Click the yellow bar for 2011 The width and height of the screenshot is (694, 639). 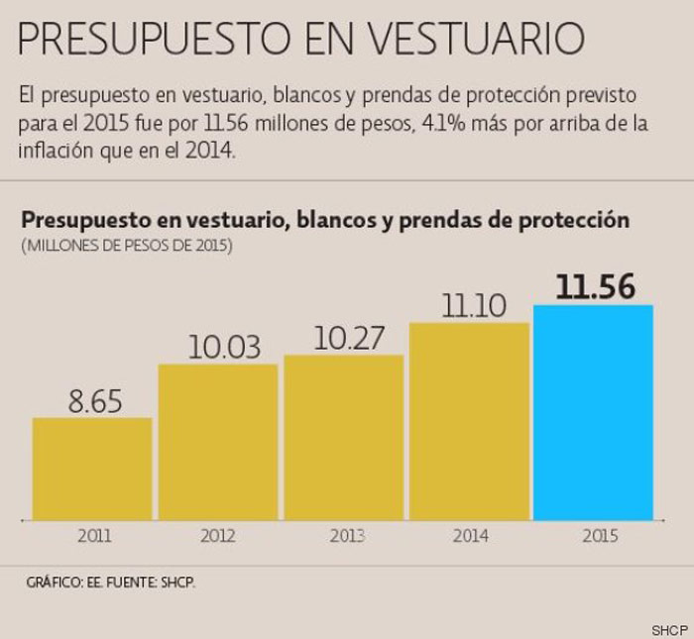coord(92,469)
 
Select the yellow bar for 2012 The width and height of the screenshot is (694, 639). coord(218,442)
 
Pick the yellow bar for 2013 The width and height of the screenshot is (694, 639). coord(344,437)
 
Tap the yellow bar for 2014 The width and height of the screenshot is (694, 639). coord(469,421)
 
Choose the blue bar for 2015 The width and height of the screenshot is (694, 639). coord(594,412)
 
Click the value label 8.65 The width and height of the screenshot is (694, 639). coord(95,401)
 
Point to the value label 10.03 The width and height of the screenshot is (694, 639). coord(224,348)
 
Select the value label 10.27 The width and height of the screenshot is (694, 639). coord(349,339)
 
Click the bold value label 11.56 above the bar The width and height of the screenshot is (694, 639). coord(595,287)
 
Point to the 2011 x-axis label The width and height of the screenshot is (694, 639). coord(94,536)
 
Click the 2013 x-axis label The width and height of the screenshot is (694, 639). coord(347,536)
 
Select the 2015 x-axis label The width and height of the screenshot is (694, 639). coord(600,536)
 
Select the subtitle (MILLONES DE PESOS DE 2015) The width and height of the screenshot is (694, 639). coord(127,244)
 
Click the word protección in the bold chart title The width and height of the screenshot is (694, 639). coord(573,220)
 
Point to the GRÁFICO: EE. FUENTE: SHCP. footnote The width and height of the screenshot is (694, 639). coord(111,582)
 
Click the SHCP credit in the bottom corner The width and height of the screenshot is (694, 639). coord(669,630)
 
